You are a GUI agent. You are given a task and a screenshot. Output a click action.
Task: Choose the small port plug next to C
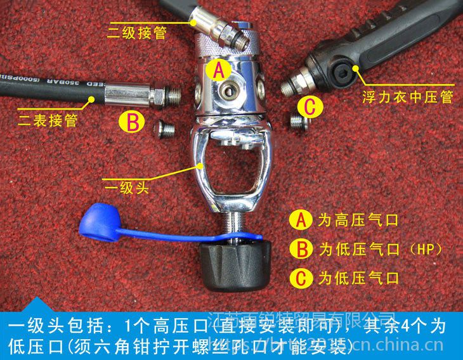click(x=296, y=122)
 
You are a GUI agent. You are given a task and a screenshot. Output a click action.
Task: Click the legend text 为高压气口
click(x=358, y=221)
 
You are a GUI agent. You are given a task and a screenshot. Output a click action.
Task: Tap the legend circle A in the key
click(x=300, y=221)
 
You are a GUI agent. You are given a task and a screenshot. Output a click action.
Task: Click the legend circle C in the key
click(x=300, y=277)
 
